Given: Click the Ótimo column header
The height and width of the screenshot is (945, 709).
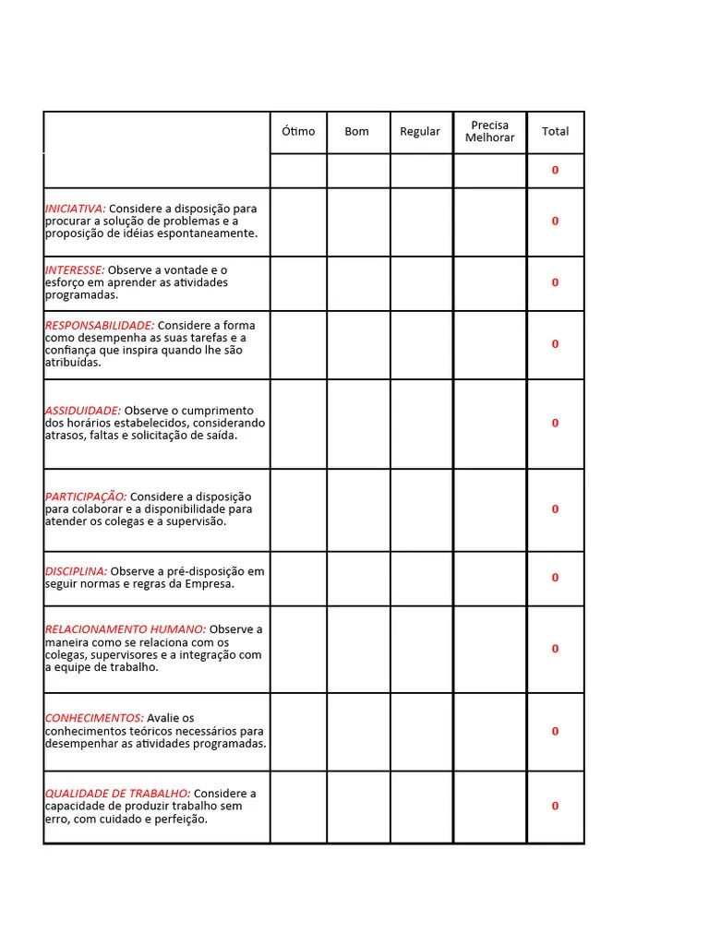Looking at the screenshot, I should click(x=298, y=132).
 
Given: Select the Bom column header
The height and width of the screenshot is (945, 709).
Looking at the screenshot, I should click(x=356, y=132).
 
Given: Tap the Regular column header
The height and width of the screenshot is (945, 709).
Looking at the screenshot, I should click(x=420, y=132).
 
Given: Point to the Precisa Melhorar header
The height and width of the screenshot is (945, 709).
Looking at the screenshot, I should click(x=489, y=131).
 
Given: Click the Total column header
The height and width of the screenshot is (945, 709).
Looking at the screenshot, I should click(x=555, y=132).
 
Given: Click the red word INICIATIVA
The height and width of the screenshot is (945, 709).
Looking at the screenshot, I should click(x=76, y=209).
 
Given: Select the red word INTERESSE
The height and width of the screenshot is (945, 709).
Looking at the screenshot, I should click(x=75, y=269).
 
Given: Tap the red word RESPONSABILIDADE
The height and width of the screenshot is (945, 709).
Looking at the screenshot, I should click(x=100, y=325).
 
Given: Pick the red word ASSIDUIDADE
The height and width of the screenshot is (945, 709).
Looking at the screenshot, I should click(x=83, y=411).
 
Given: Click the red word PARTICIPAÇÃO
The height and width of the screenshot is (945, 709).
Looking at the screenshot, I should click(x=86, y=496).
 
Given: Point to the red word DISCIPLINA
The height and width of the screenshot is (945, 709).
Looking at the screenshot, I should click(x=77, y=571).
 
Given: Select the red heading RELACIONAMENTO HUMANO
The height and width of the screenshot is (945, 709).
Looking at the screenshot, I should click(x=126, y=629).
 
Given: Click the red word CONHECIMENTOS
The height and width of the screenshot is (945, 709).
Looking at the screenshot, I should click(x=94, y=718).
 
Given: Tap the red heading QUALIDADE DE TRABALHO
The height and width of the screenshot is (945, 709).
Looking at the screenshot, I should click(x=118, y=794).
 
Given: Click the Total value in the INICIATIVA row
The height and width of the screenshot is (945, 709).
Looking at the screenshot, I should click(x=555, y=221).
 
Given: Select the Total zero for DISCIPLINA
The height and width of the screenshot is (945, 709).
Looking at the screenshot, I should click(x=555, y=578).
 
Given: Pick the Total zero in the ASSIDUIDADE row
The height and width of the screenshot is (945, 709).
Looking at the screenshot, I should click(x=555, y=424).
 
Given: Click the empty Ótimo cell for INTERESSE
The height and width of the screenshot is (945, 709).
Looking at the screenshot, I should click(x=298, y=283).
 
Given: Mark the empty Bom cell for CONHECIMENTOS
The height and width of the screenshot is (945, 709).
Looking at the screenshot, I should click(x=358, y=732).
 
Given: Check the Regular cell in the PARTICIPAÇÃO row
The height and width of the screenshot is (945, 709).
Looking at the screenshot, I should click(x=421, y=509).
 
